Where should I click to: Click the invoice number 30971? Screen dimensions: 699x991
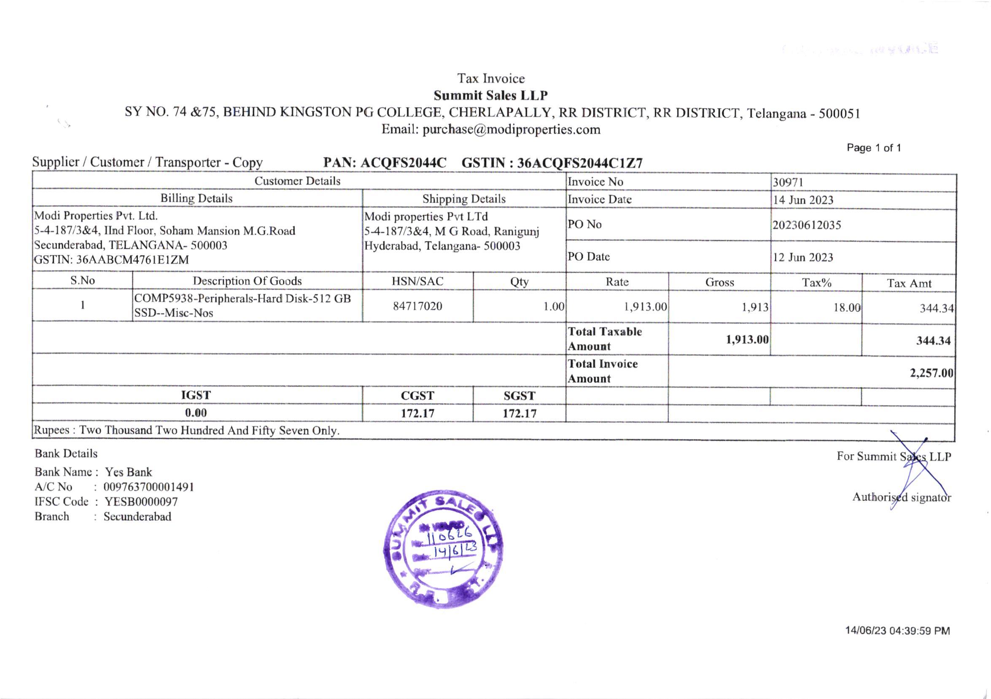[788, 183]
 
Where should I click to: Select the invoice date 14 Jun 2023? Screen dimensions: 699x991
[803, 200]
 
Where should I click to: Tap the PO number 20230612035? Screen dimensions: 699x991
[807, 225]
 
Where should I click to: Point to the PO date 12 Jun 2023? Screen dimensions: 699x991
[803, 258]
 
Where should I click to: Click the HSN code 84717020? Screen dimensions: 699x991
[417, 307]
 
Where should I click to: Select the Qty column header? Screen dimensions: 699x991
[519, 282]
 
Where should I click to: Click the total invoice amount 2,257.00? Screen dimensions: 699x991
[932, 372]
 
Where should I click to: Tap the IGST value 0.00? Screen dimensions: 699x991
[196, 413]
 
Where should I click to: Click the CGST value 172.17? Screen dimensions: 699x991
[417, 413]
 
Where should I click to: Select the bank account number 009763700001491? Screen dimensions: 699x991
[148, 487]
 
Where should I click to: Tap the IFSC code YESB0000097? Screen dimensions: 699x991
[141, 502]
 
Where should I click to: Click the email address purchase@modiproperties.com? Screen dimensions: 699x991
[511, 130]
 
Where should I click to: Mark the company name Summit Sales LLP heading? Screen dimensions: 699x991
[491, 95]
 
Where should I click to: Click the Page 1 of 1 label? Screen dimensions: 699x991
[874, 148]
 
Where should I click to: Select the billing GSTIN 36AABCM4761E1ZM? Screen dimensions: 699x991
[132, 260]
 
